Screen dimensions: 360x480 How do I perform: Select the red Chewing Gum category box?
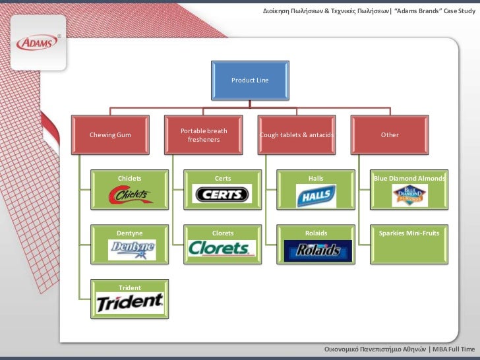coord(109,135)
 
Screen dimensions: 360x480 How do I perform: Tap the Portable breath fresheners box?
coord(203,135)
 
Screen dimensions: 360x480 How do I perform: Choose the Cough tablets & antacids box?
coord(297,135)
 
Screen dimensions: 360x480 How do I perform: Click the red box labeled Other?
coord(390,135)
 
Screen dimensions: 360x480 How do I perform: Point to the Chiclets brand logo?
coord(131,195)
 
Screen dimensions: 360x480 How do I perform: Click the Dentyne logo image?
coord(132,249)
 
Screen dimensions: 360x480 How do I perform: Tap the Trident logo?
coord(130,303)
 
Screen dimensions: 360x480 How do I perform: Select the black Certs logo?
coord(222,195)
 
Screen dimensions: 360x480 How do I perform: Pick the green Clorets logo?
coord(222,249)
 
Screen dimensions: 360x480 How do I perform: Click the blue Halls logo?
coord(316,196)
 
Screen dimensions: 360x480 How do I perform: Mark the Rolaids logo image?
coord(313,250)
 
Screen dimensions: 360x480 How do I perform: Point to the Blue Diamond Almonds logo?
coord(409,196)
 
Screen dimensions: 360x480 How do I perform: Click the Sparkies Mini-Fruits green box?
coord(409,245)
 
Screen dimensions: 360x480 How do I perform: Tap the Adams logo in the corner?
coord(38,43)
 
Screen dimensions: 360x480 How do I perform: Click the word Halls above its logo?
coord(316,179)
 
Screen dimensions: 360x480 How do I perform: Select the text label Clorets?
coord(223,233)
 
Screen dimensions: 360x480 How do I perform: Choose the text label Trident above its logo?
coord(129,288)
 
